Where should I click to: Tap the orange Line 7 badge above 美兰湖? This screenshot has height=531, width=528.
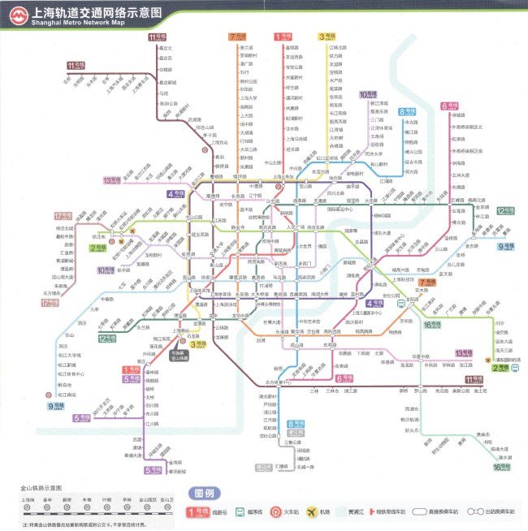pos(236,37)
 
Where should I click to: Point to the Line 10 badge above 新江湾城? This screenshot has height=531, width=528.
pos(367,94)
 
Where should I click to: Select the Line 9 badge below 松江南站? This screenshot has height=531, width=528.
pos(55,406)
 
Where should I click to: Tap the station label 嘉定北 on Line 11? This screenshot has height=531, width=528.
pos(166,48)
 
